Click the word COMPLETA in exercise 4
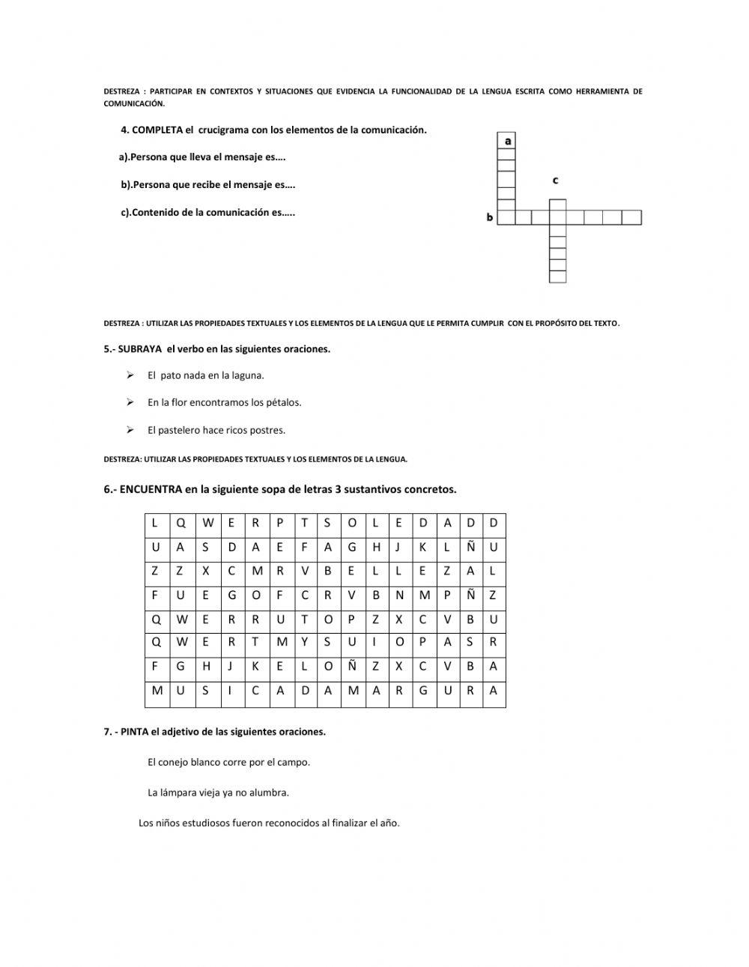point(157,130)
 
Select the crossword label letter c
point(555,181)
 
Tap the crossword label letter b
point(490,218)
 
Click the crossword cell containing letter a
point(508,141)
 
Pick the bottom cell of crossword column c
point(557,276)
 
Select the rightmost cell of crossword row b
point(632,217)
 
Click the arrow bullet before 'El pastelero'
point(130,430)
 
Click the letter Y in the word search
point(304,642)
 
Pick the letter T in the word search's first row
point(304,524)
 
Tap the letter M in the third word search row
point(256,571)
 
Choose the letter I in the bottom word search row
point(231,691)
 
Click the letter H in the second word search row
point(376,548)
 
